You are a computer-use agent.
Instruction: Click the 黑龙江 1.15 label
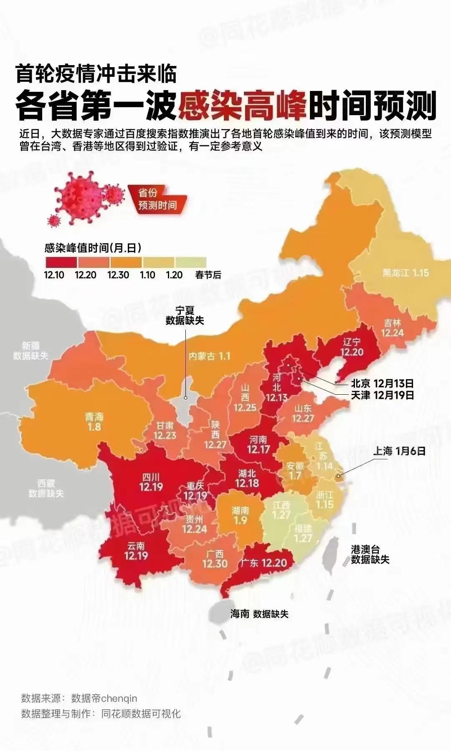tap(405, 273)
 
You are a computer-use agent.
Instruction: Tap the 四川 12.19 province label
tap(151, 482)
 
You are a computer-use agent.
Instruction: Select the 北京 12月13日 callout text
tap(382, 383)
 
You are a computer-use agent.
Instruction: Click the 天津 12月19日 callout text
tap(382, 395)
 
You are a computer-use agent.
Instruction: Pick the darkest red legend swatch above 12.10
tap(61, 262)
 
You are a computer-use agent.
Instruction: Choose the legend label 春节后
tap(208, 275)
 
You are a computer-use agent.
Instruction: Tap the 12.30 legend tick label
tap(118, 275)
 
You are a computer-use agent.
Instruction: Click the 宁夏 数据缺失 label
tap(185, 315)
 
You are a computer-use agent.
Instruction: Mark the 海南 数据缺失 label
tap(259, 614)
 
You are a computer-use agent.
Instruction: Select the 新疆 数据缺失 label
tap(30, 351)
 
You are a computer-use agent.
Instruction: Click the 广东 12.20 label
tap(264, 563)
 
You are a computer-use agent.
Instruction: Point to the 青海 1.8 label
tap(94, 421)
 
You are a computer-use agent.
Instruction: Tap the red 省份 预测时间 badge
tap(157, 199)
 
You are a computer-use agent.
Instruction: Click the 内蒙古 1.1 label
tap(209, 356)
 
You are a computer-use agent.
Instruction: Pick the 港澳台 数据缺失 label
tap(370, 554)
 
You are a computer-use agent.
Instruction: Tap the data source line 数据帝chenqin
tap(79, 698)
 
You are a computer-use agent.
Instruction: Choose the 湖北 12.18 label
tap(247, 478)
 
